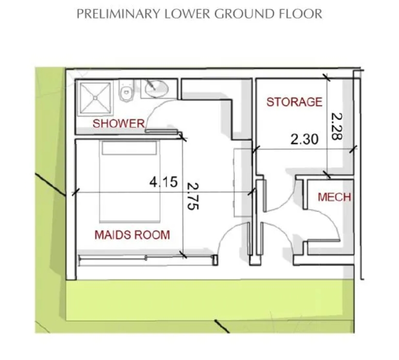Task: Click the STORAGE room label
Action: pos(294,102)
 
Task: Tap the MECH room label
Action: pos(335,197)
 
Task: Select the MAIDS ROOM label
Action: pos(132,235)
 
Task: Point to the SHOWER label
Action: pos(119,123)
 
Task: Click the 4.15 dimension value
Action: pos(163,182)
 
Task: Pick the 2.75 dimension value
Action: pos(193,196)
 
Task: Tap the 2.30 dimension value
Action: pos(304,139)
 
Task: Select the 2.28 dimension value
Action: pos(336,126)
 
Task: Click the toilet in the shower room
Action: pos(126,90)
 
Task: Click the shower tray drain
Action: pos(95,98)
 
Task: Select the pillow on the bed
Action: pos(129,148)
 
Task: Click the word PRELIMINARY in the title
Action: pos(119,14)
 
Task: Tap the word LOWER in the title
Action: pos(187,14)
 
